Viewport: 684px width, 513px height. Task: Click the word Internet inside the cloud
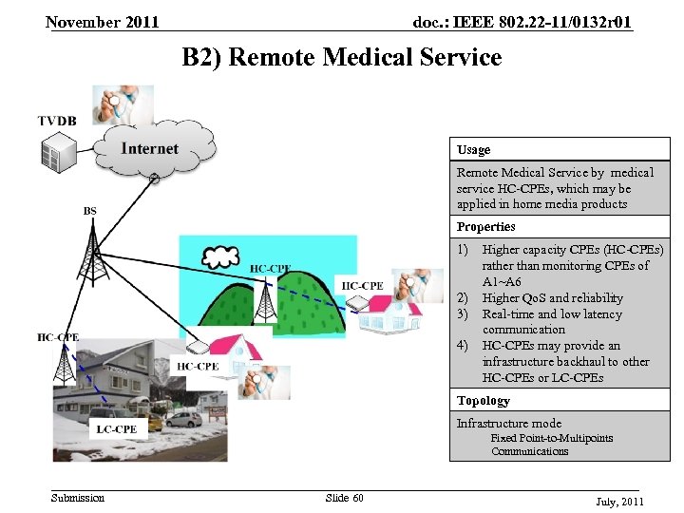tap(150, 148)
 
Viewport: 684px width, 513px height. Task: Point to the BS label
tap(89, 211)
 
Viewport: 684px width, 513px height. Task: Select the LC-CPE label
tap(116, 429)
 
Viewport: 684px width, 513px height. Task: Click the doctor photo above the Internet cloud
tap(123, 104)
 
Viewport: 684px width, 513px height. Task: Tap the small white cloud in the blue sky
tap(220, 256)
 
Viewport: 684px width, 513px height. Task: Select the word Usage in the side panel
tap(474, 150)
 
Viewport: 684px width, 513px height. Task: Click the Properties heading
tap(486, 227)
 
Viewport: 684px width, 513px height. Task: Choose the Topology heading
tap(484, 401)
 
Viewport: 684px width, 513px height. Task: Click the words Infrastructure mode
tap(509, 424)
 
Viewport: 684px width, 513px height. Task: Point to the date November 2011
tap(102, 22)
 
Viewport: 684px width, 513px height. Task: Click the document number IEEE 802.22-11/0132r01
tap(522, 22)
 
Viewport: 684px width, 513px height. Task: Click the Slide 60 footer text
tap(344, 498)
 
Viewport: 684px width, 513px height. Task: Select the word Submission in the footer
tap(78, 498)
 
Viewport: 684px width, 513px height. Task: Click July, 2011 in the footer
tap(619, 501)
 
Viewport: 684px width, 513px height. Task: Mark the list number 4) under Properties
tap(464, 346)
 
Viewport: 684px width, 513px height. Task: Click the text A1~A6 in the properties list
tap(502, 282)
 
